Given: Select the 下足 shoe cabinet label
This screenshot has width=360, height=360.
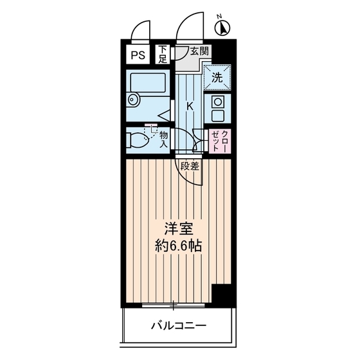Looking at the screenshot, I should [x=164, y=55].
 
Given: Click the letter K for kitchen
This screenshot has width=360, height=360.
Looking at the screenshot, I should [x=190, y=105].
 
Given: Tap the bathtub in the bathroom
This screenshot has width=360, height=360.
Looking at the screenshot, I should [x=148, y=83].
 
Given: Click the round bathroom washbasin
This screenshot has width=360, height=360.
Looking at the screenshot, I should [x=133, y=100].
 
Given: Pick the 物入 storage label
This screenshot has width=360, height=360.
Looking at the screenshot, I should [x=164, y=139].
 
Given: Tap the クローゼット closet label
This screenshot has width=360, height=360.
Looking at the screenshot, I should [x=219, y=139].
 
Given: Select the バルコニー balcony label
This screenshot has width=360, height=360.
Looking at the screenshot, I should [x=178, y=327].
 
